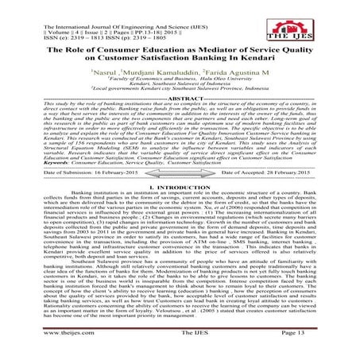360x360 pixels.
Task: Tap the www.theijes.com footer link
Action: point(33,349)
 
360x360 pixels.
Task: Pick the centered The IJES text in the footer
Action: point(180,349)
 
